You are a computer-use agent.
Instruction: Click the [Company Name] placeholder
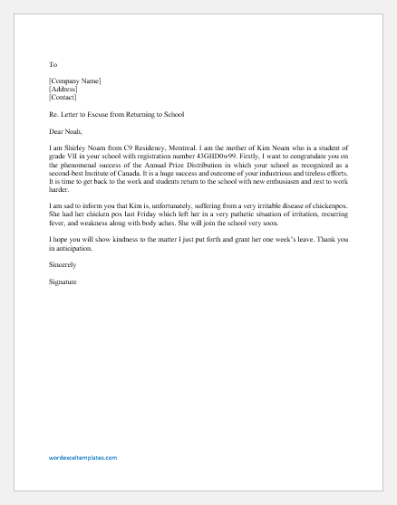coord(75,81)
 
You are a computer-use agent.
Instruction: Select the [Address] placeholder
coord(64,91)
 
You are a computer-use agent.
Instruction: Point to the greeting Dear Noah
coord(68,133)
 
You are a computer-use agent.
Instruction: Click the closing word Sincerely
coord(64,267)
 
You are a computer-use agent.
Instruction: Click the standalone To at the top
coord(53,64)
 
